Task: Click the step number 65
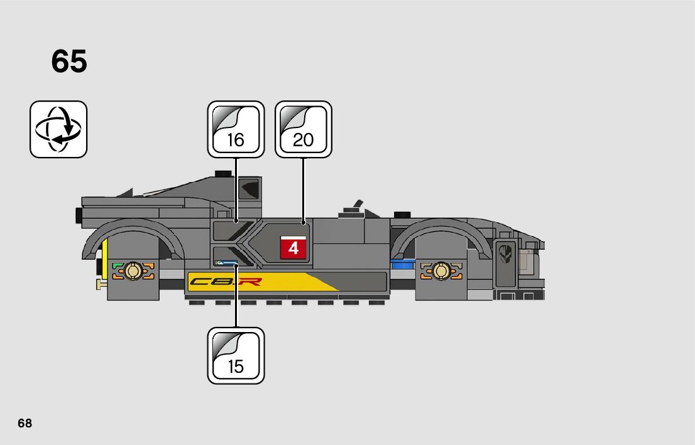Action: [69, 62]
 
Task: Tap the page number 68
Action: [25, 423]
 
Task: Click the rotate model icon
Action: [58, 129]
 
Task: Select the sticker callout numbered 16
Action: [236, 129]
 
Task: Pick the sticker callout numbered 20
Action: [303, 129]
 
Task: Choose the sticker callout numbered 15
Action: [236, 355]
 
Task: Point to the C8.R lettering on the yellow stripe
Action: [226, 282]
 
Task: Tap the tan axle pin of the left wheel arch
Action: [133, 271]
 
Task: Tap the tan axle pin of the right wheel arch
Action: [441, 271]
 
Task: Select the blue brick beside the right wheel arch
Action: [402, 266]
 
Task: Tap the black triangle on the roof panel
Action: [251, 188]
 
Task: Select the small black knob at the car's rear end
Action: [79, 215]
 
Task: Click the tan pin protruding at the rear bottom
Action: [100, 286]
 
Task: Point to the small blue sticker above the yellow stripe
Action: [226, 263]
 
